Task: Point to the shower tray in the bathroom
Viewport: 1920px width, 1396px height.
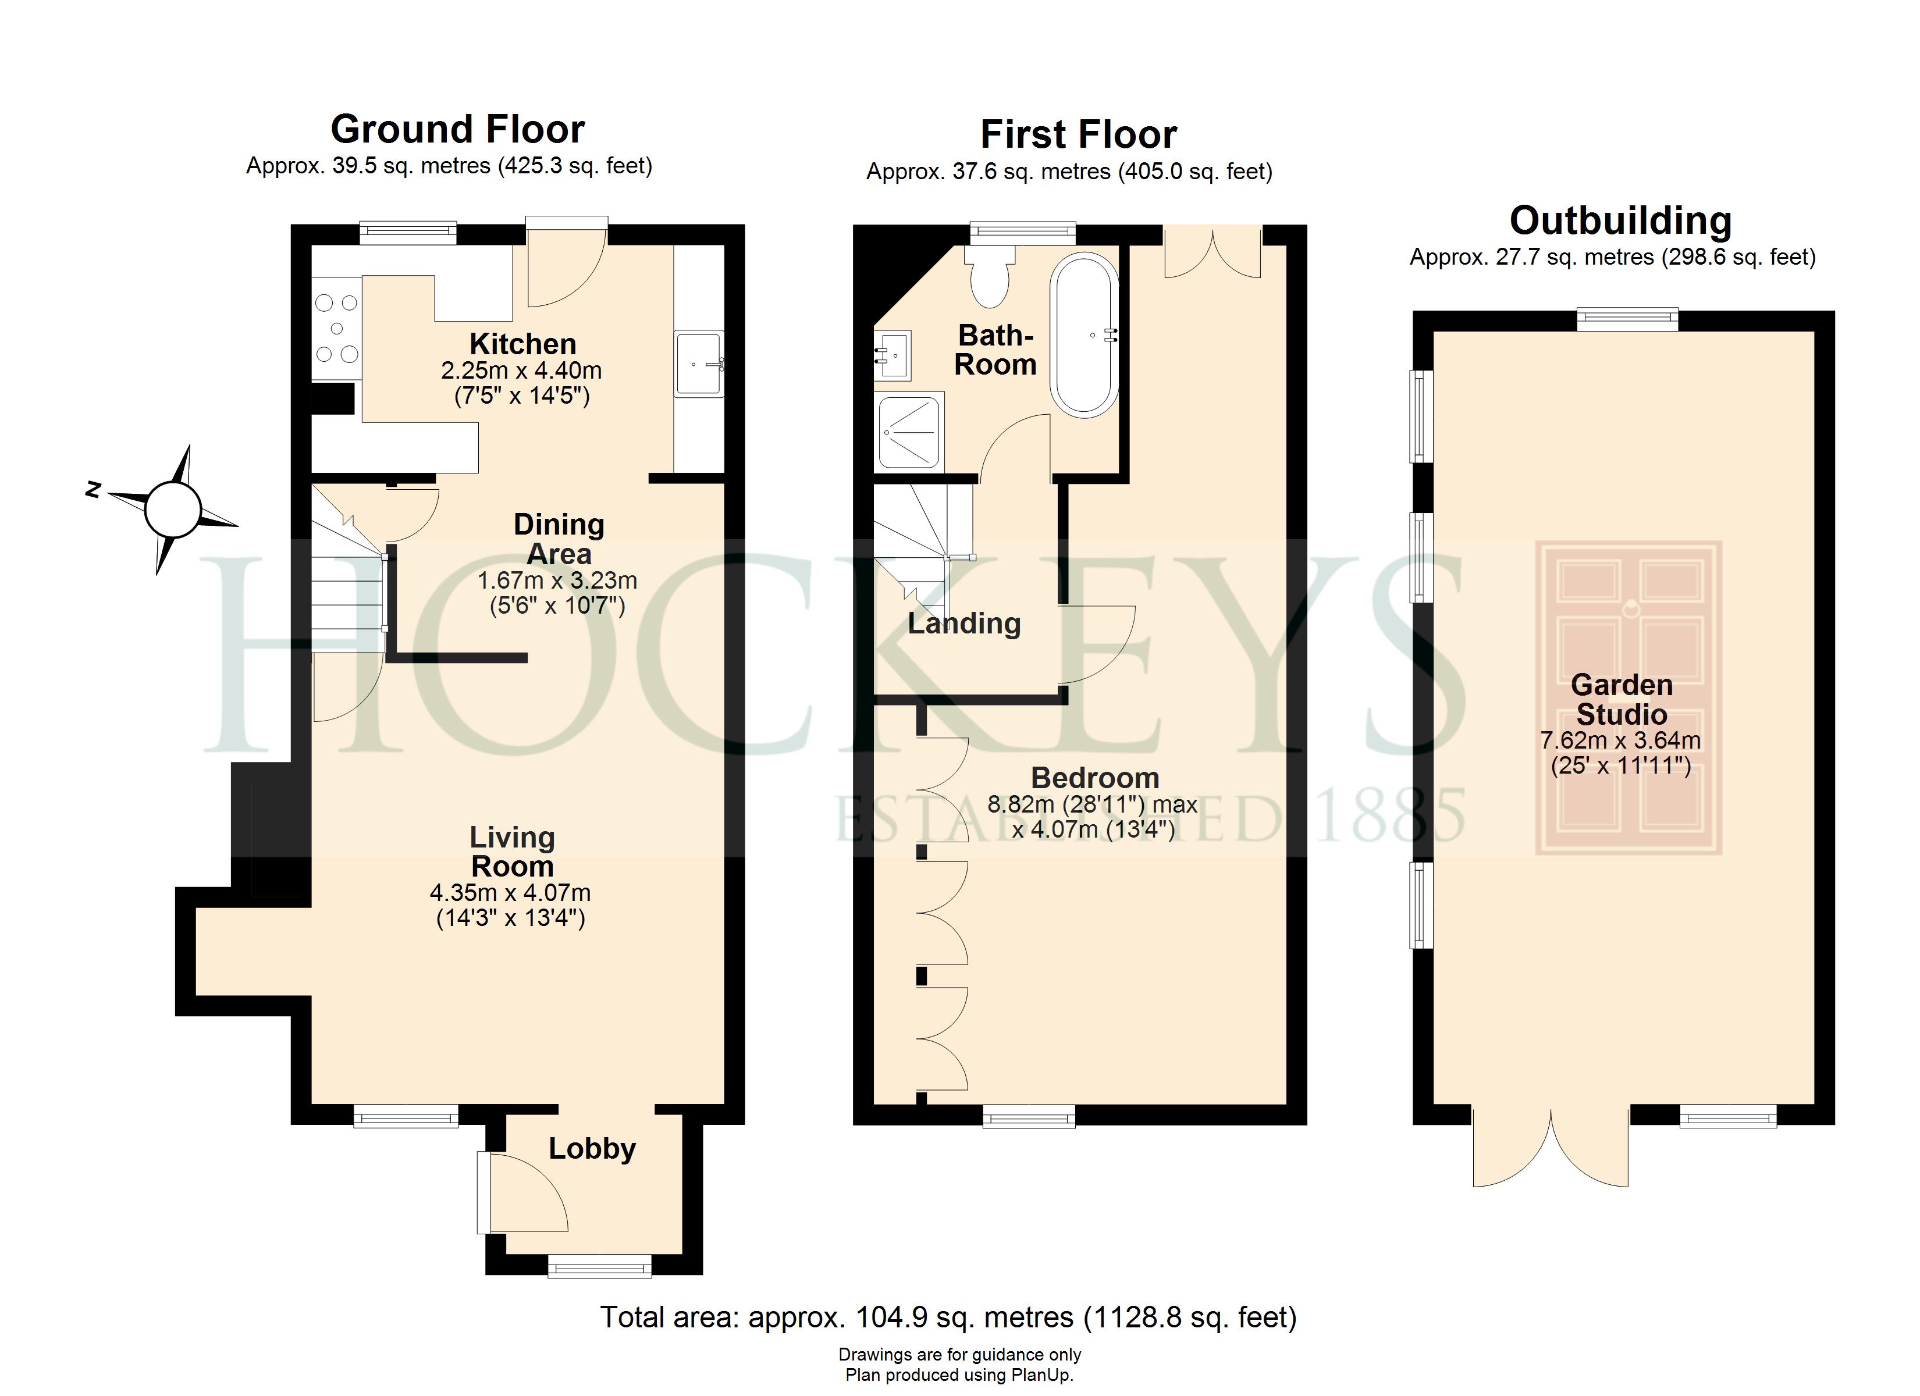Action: click(x=909, y=431)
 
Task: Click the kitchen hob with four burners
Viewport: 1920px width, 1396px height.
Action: click(x=337, y=329)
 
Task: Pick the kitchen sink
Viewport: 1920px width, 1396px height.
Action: click(x=700, y=363)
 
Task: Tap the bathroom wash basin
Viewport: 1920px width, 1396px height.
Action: click(x=891, y=354)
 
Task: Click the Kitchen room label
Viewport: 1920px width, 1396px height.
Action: click(x=522, y=344)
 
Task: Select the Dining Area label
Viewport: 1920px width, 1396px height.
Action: click(x=559, y=539)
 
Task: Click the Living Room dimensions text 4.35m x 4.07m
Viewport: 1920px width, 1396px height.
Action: click(x=510, y=893)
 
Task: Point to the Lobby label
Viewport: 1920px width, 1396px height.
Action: click(x=592, y=1149)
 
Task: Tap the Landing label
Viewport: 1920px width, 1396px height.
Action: click(x=964, y=624)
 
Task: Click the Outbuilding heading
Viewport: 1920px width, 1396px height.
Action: click(x=1620, y=221)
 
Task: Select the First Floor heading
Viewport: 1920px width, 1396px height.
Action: click(x=1079, y=134)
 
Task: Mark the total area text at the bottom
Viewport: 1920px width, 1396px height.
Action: click(x=948, y=1318)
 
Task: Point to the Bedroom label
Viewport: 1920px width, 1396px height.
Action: click(x=1094, y=778)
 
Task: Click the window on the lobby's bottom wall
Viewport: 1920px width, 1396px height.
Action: click(x=599, y=1266)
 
